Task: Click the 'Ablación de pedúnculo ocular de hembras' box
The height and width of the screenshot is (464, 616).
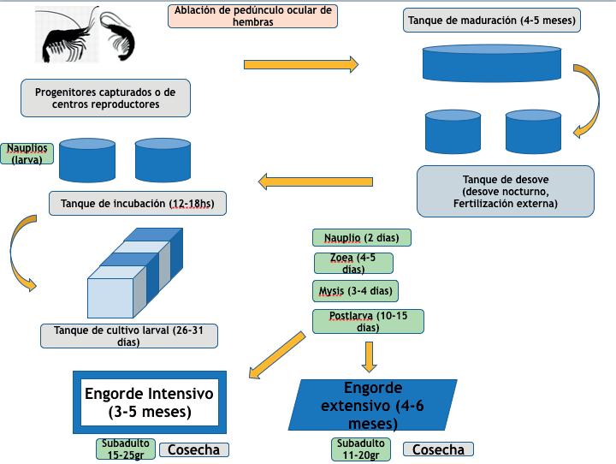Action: click(252, 15)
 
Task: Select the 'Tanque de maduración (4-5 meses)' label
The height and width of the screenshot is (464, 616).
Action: click(491, 20)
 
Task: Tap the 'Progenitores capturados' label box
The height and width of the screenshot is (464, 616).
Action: click(105, 98)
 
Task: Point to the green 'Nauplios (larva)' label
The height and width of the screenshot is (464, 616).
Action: click(27, 153)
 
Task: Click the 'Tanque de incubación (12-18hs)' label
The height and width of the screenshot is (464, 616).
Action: click(138, 203)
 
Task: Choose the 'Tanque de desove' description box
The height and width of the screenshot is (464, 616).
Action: click(506, 191)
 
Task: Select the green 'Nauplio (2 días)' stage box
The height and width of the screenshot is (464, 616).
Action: click(361, 237)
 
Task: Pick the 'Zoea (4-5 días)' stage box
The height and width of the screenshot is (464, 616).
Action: click(353, 263)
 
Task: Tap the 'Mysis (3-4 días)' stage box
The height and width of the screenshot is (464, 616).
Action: click(355, 291)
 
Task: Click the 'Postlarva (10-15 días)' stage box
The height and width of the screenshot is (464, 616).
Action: click(368, 321)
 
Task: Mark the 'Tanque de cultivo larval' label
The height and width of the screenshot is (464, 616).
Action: click(129, 336)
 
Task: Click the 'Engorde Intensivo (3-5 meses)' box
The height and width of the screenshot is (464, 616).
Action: click(150, 402)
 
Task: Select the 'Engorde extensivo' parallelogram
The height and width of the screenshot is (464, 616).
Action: click(372, 405)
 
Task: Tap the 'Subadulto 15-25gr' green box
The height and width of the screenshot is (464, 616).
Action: click(125, 449)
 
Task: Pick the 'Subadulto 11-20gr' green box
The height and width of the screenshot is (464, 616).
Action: click(361, 449)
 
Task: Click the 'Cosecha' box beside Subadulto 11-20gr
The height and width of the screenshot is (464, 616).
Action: click(438, 449)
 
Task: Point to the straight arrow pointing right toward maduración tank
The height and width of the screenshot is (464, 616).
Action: click(301, 64)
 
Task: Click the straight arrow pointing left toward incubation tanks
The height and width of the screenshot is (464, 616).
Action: click(316, 181)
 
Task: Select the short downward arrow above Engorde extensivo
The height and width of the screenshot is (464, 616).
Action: click(369, 357)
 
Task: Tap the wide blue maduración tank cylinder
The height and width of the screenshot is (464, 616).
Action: click(491, 63)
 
